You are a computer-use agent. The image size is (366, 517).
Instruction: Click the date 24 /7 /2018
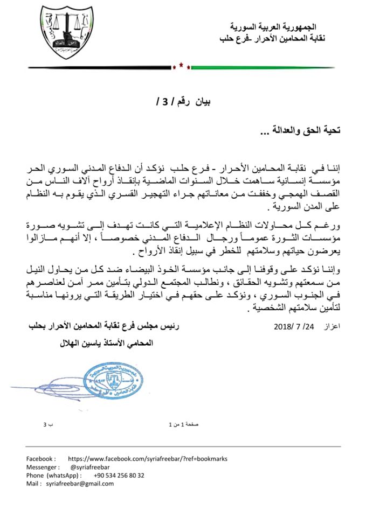[294, 327]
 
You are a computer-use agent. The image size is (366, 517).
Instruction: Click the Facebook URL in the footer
[148, 459]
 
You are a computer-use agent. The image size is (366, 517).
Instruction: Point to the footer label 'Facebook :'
[42, 459]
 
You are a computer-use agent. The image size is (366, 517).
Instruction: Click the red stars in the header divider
[181, 67]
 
